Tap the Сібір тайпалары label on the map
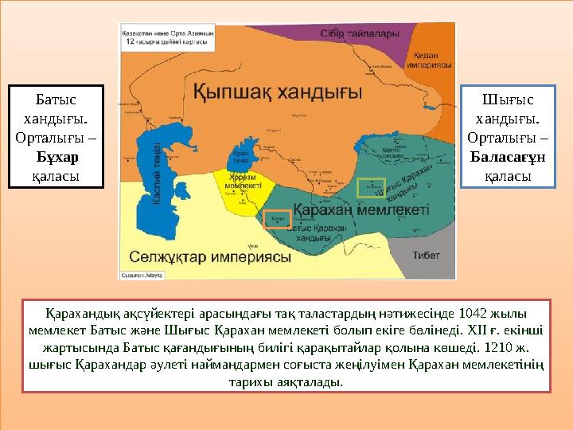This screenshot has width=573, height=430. [358, 35]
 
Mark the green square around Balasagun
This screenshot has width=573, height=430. [370, 188]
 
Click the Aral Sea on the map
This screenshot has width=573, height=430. [241, 155]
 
